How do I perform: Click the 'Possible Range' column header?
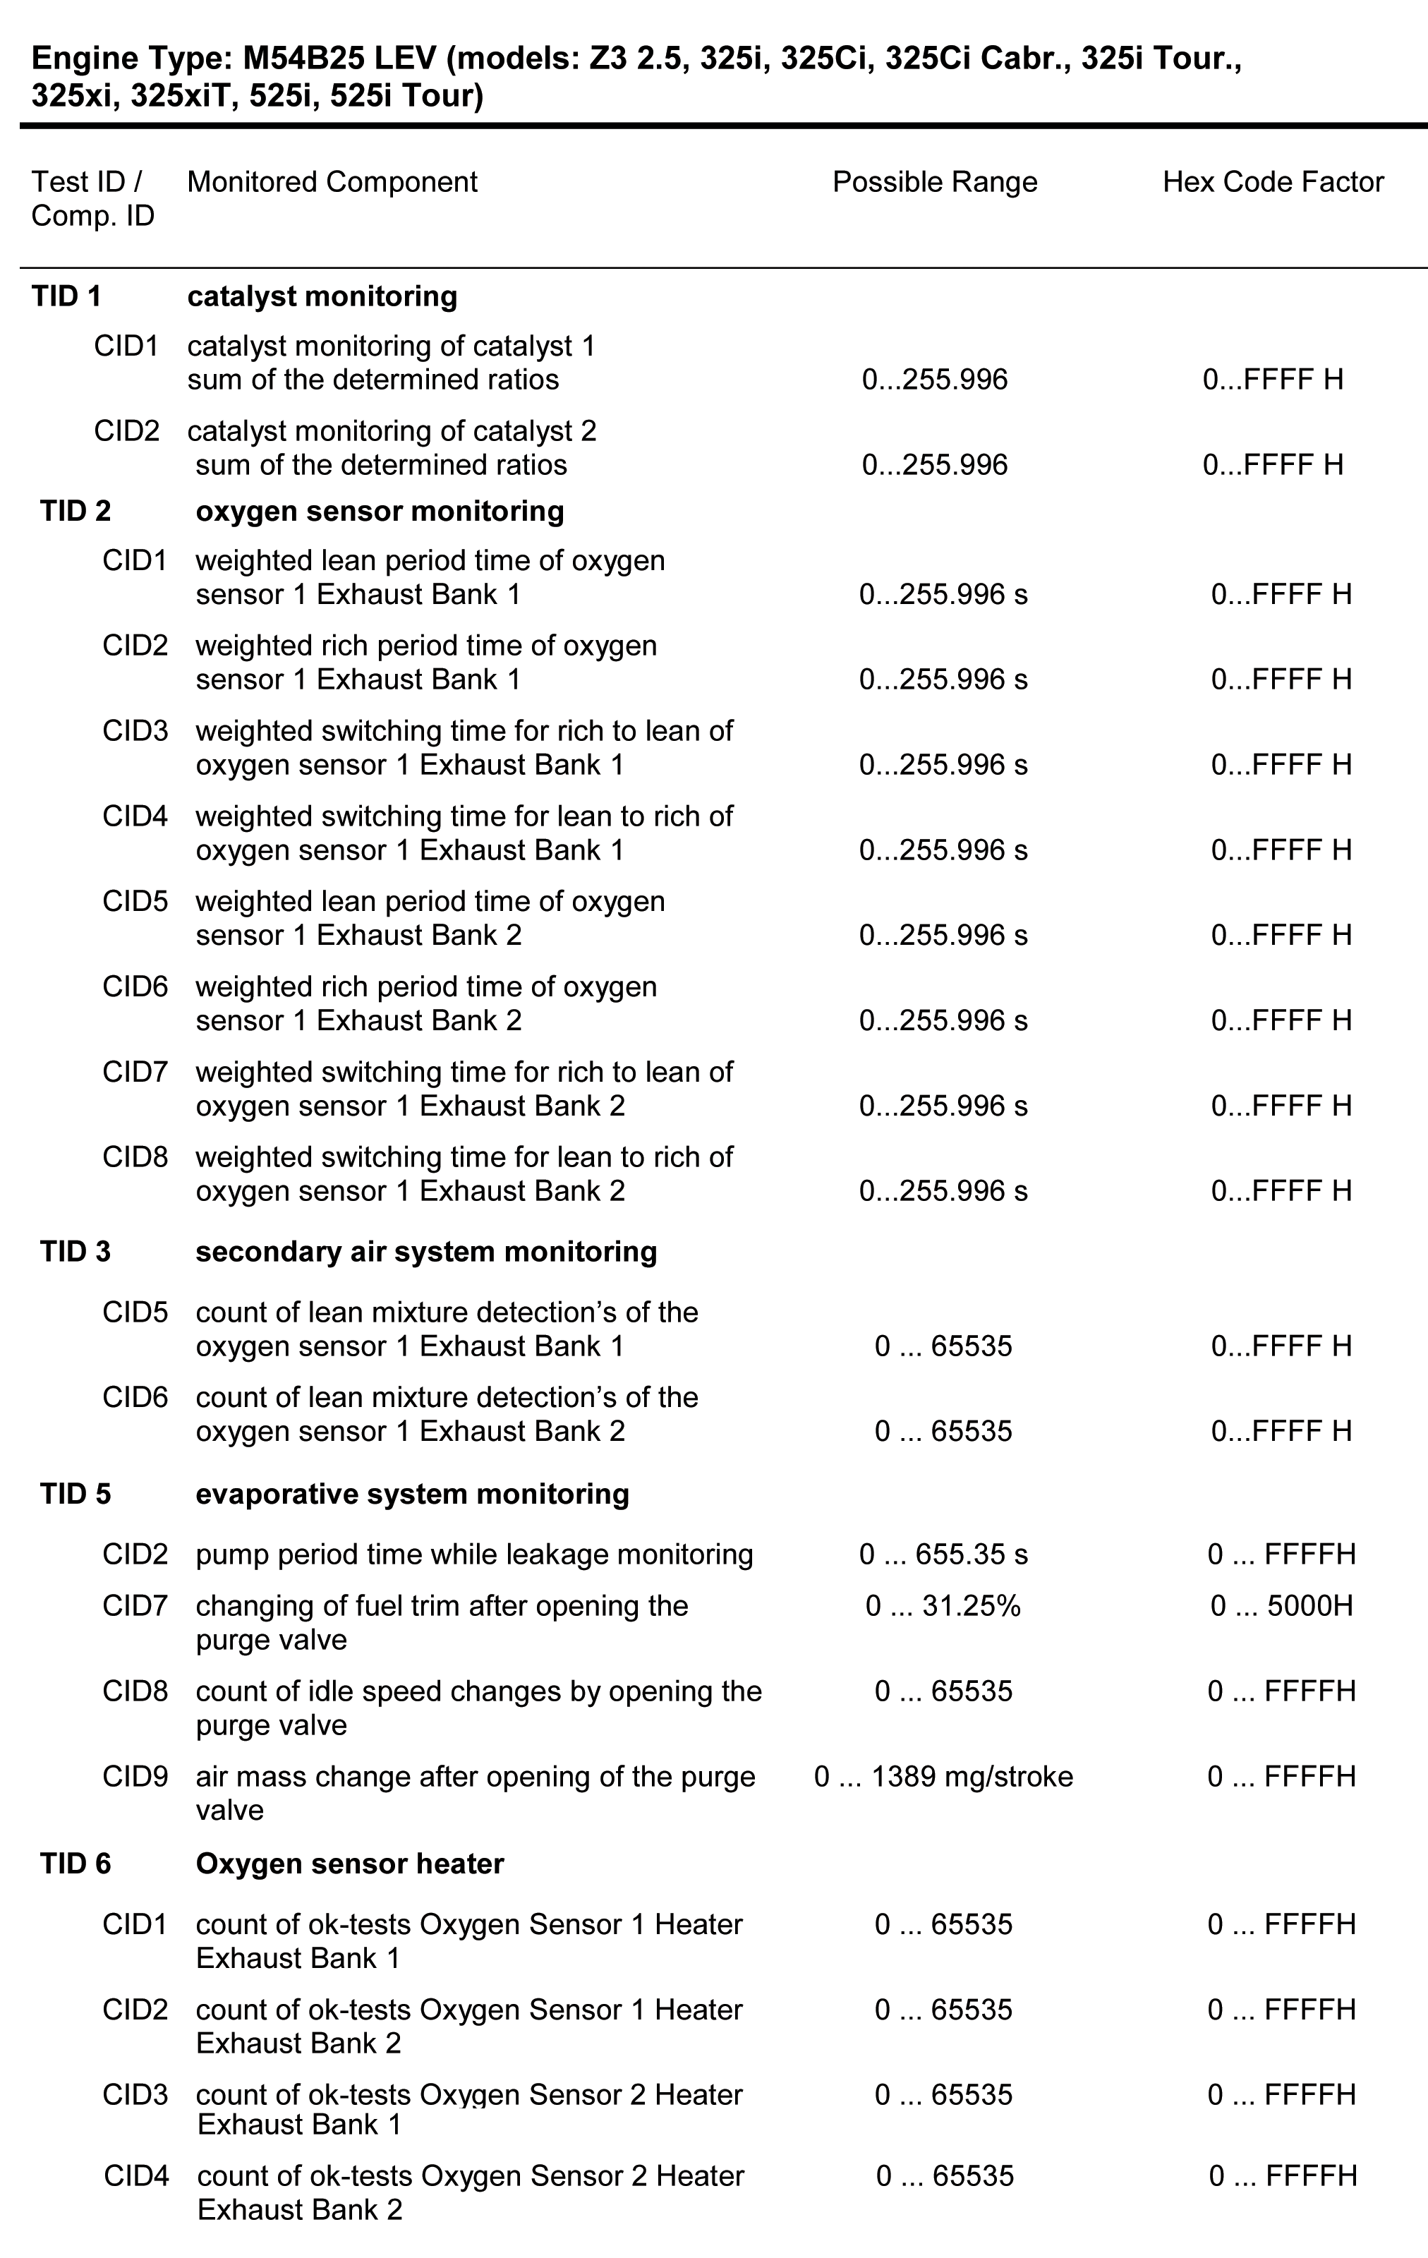(x=934, y=182)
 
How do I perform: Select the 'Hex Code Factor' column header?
(x=1272, y=182)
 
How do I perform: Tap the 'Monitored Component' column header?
(x=332, y=182)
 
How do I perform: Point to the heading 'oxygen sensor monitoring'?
(x=380, y=511)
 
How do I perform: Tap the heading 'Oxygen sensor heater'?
(x=350, y=1864)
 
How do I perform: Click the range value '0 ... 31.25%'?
(x=943, y=1606)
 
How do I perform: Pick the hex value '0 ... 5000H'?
(x=1281, y=1606)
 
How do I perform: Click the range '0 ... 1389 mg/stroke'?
(x=943, y=1777)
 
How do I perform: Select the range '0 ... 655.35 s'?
(x=943, y=1554)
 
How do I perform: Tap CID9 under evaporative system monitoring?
(x=135, y=1777)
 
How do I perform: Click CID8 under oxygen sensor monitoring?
(x=135, y=1157)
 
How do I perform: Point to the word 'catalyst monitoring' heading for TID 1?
(x=322, y=296)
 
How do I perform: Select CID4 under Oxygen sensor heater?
(x=136, y=2175)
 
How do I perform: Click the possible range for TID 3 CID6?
(x=943, y=1431)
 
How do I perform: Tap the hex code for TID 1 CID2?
(x=1272, y=465)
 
